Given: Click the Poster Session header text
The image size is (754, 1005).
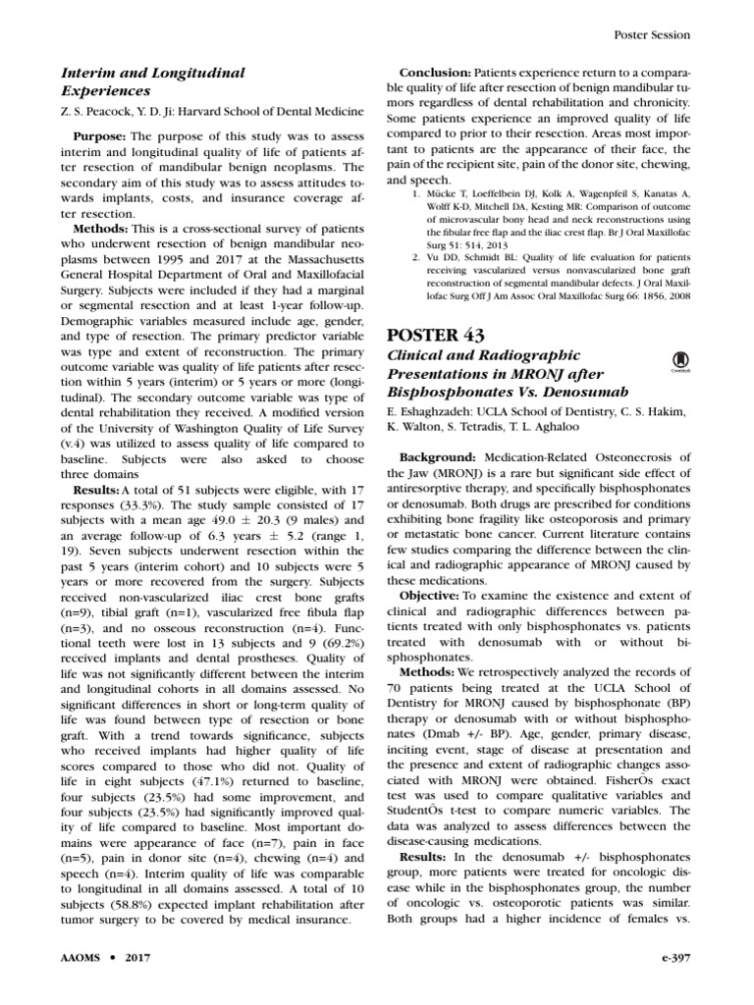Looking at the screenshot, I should coord(652,34).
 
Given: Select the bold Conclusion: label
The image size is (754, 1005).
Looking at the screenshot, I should coord(435,74).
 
